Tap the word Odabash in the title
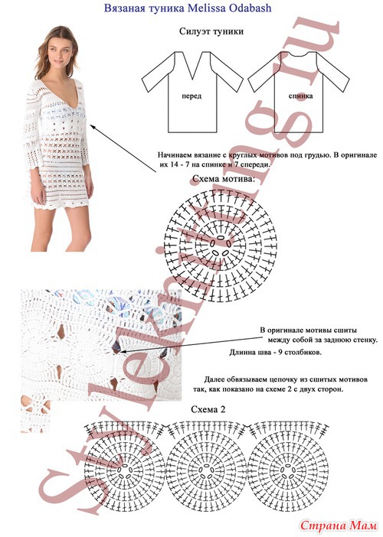tap(250, 8)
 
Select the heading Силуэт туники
tap(211, 31)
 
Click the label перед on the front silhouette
tap(191, 96)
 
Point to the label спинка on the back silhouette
tap(301, 96)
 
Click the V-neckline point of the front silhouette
tap(192, 78)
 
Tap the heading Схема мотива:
tap(224, 178)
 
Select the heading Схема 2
tap(208, 409)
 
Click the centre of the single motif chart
tap(221, 246)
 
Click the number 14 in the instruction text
tap(174, 164)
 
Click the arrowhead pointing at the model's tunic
tap(92, 126)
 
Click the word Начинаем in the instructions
tap(174, 155)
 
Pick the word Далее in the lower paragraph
tap(215, 379)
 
